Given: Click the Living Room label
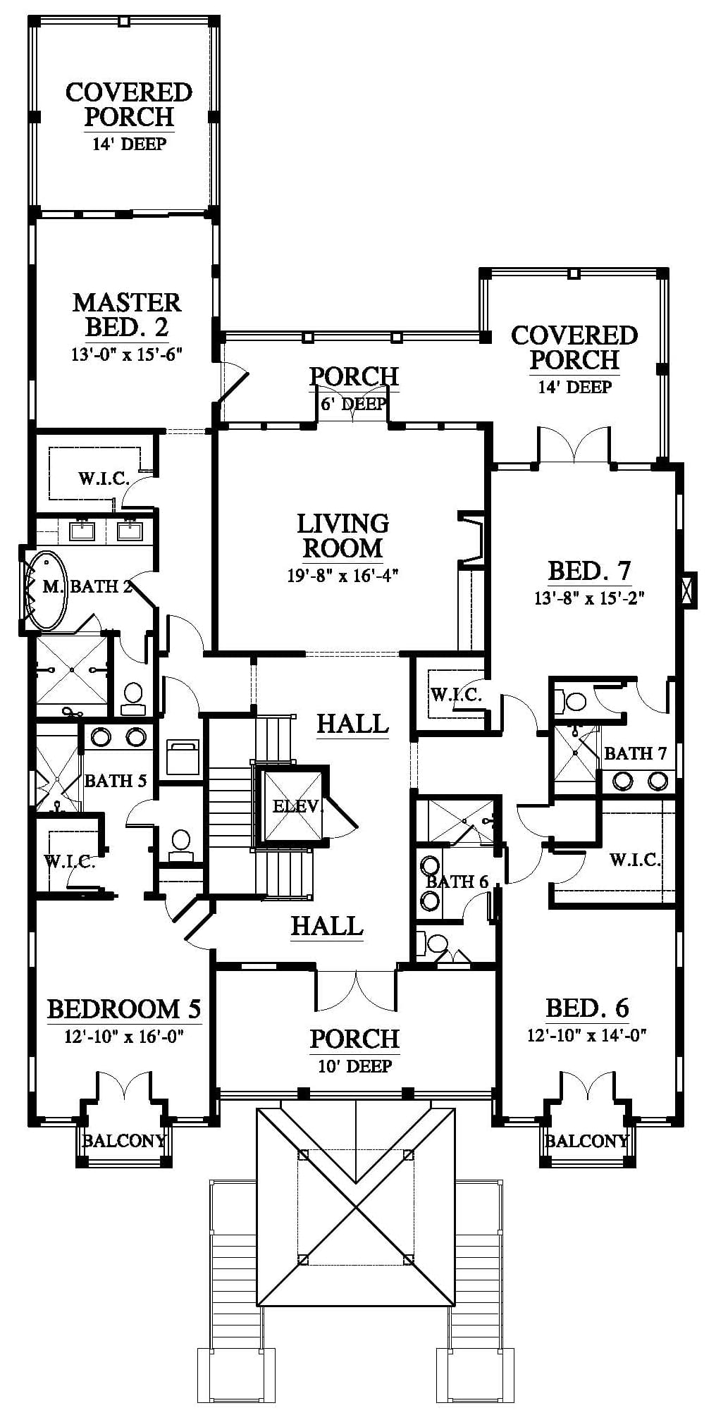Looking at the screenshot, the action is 342,536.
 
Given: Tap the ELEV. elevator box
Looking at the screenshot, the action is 292,805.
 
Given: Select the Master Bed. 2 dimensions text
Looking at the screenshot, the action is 128,354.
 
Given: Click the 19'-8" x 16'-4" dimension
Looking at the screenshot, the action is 343,575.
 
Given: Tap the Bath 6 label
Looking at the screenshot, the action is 457,882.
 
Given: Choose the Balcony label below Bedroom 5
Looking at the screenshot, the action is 124,1140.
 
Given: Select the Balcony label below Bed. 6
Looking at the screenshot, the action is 587,1140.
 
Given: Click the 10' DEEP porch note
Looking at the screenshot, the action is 354,1066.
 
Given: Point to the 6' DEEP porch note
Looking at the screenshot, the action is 354,404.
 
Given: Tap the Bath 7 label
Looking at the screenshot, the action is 636,753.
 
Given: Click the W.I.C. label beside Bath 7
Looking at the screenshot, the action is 635,860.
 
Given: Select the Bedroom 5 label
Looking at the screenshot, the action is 124,1009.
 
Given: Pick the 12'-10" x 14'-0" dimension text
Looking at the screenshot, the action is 587,1035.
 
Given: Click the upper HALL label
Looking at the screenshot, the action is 352,723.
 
